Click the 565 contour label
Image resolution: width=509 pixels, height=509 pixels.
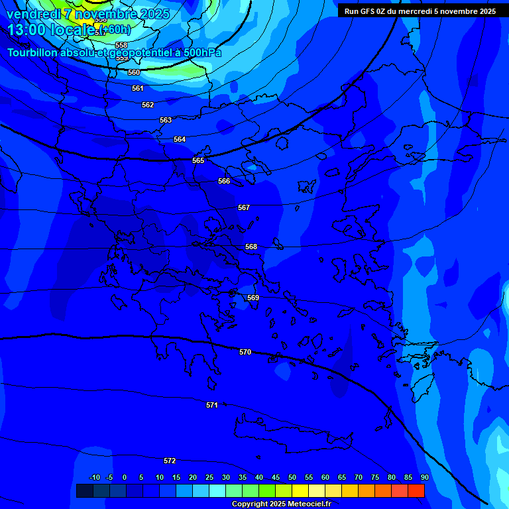point(198,161)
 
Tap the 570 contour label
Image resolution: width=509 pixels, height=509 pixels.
point(245,353)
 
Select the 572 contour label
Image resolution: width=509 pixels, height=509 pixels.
point(170,461)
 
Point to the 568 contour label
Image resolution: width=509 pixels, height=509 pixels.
point(251,247)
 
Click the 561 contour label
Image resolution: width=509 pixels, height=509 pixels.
point(138,89)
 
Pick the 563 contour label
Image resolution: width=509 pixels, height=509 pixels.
point(166,121)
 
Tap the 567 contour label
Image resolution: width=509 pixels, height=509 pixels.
point(244,208)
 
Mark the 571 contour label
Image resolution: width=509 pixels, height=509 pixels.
point(212,405)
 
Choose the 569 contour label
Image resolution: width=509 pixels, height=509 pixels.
point(253,298)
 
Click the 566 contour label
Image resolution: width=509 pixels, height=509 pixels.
point(224,182)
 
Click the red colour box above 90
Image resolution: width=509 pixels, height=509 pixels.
point(416,490)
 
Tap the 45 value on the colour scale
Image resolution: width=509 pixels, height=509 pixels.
point(275,478)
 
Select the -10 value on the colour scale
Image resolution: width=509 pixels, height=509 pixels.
point(95,478)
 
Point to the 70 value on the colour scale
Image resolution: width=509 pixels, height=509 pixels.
point(359,478)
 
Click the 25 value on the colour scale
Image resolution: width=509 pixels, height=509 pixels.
point(209,478)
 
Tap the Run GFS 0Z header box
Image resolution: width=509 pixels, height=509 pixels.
point(420,11)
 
